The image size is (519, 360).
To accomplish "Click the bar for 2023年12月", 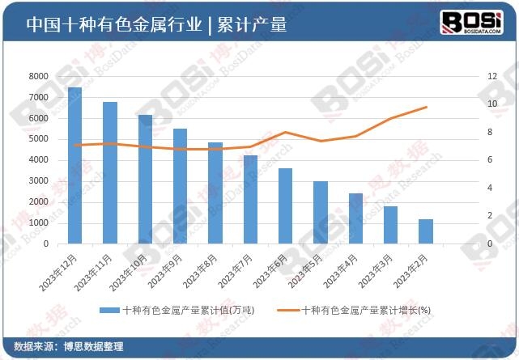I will (74, 165).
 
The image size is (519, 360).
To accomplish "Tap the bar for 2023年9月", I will (180, 186).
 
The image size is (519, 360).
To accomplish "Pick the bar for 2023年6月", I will (285, 205).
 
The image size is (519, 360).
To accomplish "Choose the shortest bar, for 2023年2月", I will (426, 231).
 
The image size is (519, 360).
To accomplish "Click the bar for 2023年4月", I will (355, 218).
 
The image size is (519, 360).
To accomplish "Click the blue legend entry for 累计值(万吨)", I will (175, 310).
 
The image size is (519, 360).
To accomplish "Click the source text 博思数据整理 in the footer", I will (91, 346).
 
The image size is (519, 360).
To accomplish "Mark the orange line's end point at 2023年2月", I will (426, 107).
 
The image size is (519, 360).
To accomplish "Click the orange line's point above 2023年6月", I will (285, 132).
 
